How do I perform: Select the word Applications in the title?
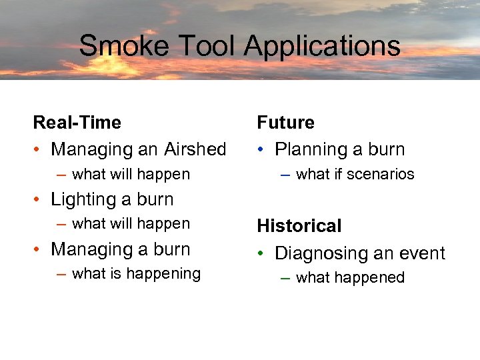coord(323,46)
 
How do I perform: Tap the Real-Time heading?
coord(77,123)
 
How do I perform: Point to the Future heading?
coord(286,123)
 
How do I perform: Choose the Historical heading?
coord(299,226)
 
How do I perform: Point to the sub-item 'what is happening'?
coord(136,273)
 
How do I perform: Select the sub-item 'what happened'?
coord(350,277)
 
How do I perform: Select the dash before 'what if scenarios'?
coord(285,175)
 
